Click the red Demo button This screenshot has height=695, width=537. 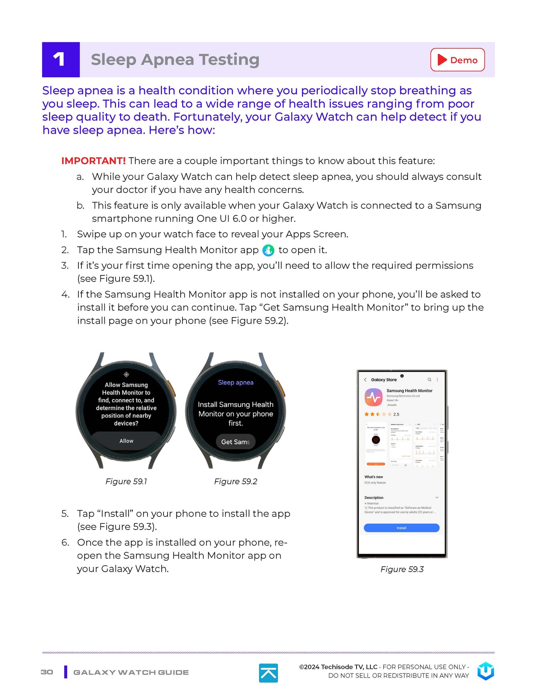click(x=457, y=60)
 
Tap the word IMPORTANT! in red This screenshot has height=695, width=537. click(x=93, y=161)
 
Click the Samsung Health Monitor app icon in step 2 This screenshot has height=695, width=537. click(x=268, y=250)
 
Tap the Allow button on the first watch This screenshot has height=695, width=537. click(x=126, y=441)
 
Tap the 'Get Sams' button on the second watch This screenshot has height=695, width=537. click(x=236, y=442)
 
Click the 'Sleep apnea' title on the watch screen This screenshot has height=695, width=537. click(x=236, y=382)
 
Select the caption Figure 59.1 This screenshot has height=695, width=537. click(x=126, y=482)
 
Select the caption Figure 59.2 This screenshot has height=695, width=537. click(x=236, y=482)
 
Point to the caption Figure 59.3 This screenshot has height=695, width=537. click(x=402, y=569)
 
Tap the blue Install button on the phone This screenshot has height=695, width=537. click(x=401, y=528)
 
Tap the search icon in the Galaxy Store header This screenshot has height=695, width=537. click(x=429, y=380)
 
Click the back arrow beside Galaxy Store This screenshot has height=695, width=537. click(x=365, y=380)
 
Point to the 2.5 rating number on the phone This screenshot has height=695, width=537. click(x=396, y=414)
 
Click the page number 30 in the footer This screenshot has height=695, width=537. click(x=47, y=672)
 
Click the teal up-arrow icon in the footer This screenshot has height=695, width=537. click(x=268, y=673)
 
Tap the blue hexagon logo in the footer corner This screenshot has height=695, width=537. click(x=486, y=671)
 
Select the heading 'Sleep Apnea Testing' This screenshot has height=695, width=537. click(x=175, y=60)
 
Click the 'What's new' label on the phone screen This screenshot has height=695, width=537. click(x=373, y=477)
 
